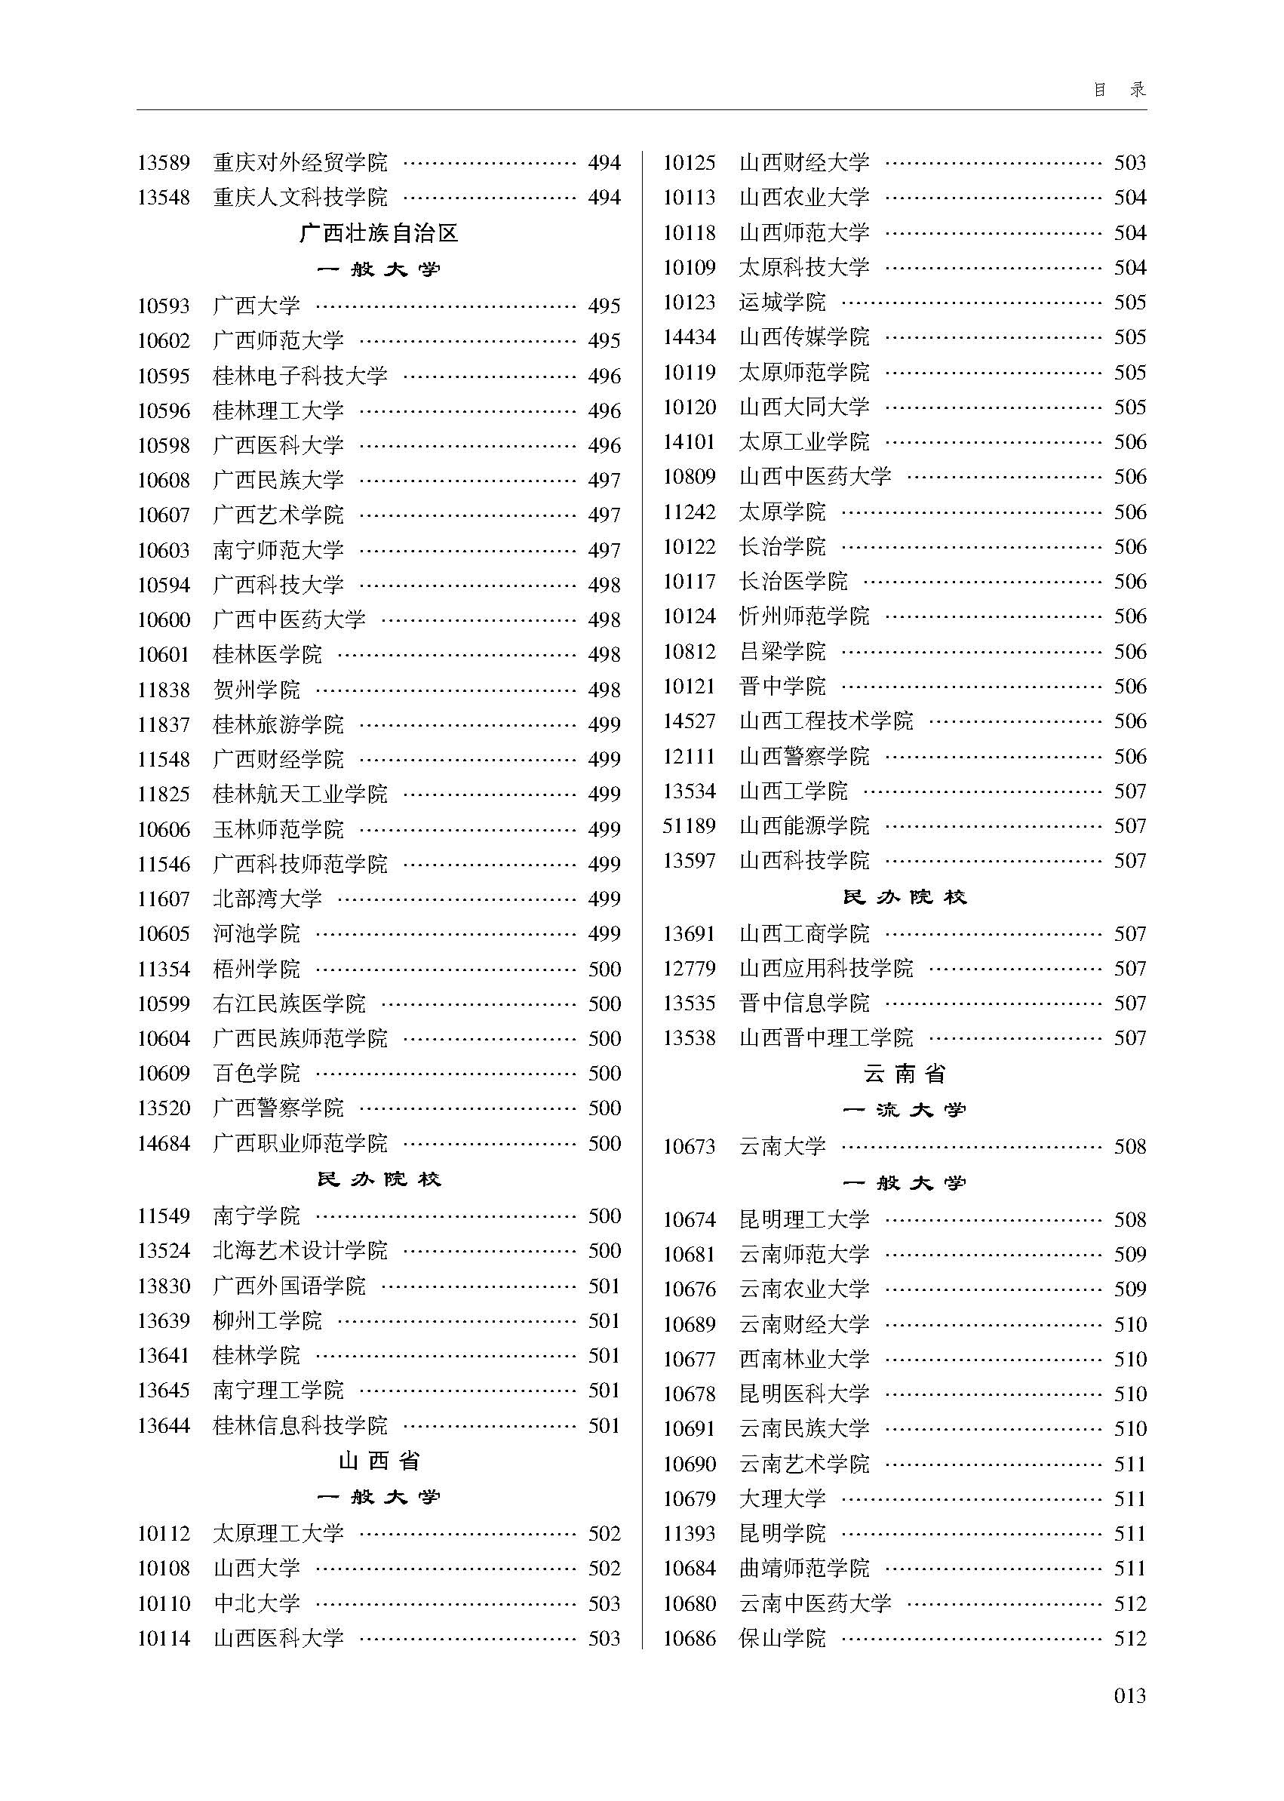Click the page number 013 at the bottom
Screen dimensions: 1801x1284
(x=1129, y=1695)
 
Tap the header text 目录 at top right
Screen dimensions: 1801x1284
(x=1120, y=89)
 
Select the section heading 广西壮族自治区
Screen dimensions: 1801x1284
(x=379, y=233)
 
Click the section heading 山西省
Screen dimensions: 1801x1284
(x=379, y=1461)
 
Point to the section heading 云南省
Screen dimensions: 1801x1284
(x=905, y=1074)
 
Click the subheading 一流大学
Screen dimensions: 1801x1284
(x=905, y=1110)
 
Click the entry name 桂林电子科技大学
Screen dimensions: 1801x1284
(x=300, y=376)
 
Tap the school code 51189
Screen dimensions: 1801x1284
(x=689, y=826)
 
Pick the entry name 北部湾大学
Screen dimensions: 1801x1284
(x=267, y=899)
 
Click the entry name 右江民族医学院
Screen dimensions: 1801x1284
(x=290, y=1003)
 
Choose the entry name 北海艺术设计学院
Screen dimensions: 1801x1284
(x=300, y=1251)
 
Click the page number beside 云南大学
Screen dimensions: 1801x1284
(x=1130, y=1146)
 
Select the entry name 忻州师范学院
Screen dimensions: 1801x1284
(x=804, y=616)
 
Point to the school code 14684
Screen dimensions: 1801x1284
(x=164, y=1143)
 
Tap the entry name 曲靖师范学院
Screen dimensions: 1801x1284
(x=804, y=1569)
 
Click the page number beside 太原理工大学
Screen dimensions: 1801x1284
(x=604, y=1534)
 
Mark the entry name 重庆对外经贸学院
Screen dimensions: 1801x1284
(x=300, y=163)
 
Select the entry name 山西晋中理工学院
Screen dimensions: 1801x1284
(x=826, y=1037)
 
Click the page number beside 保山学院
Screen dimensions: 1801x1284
(x=1130, y=1638)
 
